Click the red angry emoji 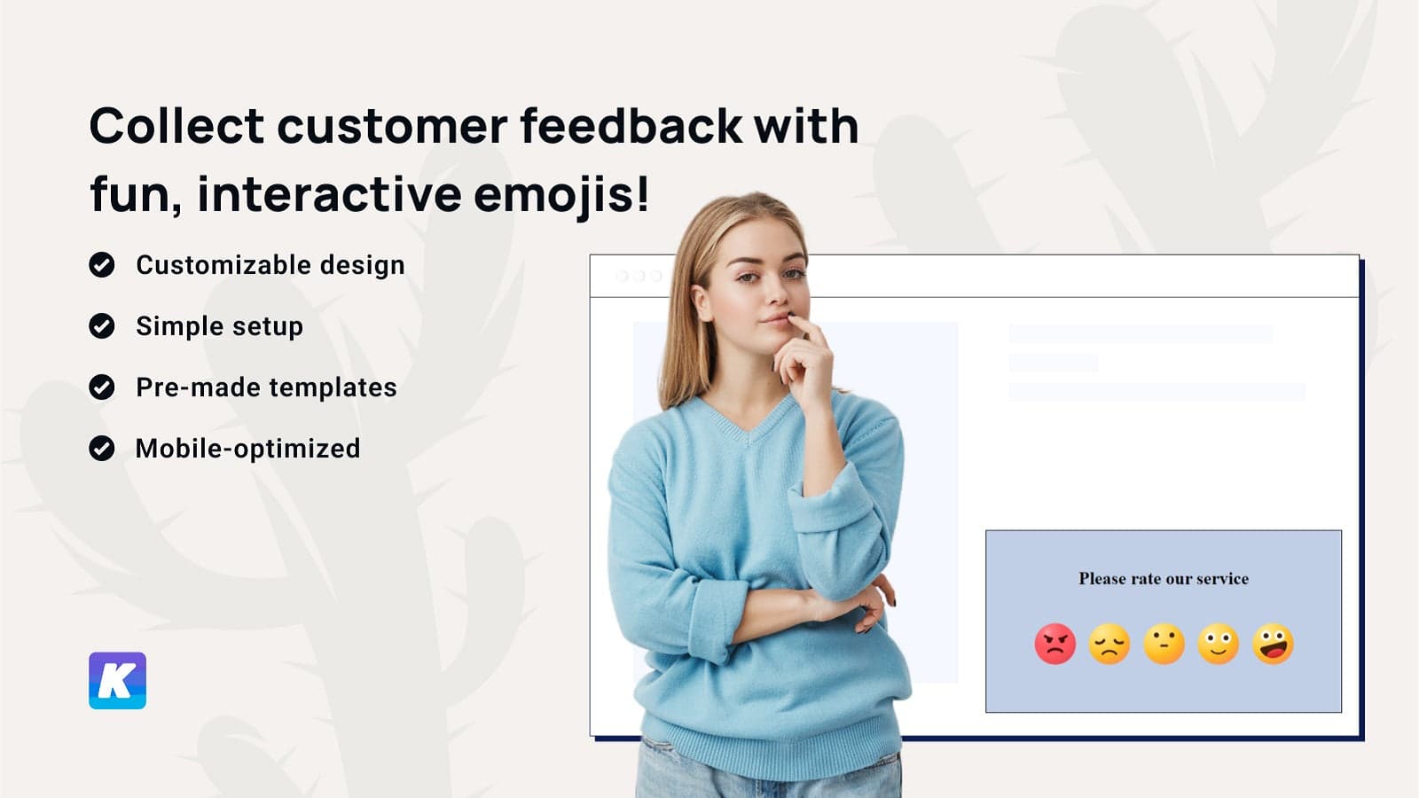coord(1054,644)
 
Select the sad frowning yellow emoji coord(1109,644)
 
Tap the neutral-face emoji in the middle coord(1164,644)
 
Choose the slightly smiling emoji coord(1219,644)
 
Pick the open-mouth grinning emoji coord(1274,644)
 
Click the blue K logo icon coord(117,680)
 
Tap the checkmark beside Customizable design coord(101,265)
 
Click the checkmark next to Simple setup coord(101,326)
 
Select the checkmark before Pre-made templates coord(101,387)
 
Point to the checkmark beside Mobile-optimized coord(101,449)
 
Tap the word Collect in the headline coord(176,125)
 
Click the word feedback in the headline coord(631,125)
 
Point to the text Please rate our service coord(1164,578)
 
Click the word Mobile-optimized coord(247,449)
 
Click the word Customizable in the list coord(223,265)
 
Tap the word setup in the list coord(268,327)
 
